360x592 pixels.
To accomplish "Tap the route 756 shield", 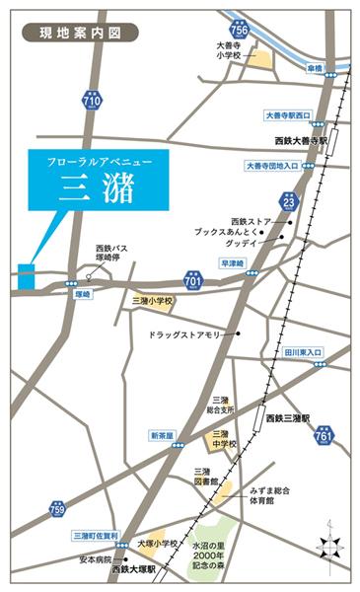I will [240, 30].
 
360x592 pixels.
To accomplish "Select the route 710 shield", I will [92, 102].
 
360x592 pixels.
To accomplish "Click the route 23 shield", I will [289, 202].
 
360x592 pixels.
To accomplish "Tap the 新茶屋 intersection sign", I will [163, 435].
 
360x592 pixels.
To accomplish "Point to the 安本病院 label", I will [87, 559].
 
